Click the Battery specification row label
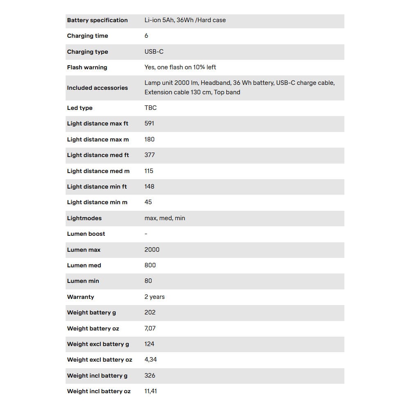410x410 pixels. click(97, 20)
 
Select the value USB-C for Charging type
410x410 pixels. click(154, 52)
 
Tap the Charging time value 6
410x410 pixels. click(146, 36)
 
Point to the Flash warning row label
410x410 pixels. click(87, 67)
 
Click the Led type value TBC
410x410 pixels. click(150, 107)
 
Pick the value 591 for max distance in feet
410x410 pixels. click(149, 123)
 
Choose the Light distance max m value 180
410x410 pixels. click(149, 139)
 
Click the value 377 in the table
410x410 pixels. click(149, 155)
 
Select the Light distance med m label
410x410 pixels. click(98, 171)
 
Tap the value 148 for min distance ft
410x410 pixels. click(149, 187)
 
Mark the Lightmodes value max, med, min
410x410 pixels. click(164, 218)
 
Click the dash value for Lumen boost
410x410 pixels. click(146, 234)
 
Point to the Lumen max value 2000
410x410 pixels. click(152, 249)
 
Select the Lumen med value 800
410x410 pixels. click(150, 265)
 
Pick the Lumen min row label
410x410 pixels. click(83, 281)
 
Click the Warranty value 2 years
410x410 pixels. click(154, 297)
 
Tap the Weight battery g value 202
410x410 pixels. click(150, 312)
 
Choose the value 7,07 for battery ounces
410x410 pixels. click(150, 328)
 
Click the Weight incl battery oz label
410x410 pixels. click(99, 391)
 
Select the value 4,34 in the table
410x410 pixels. click(150, 360)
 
